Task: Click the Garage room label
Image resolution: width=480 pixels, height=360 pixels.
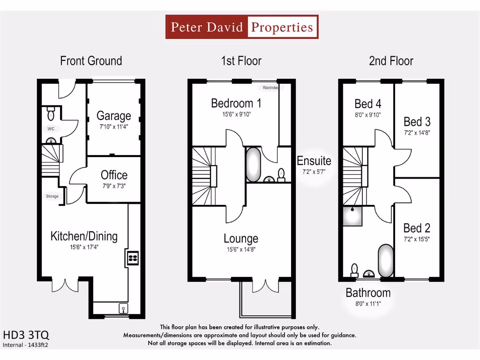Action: tap(113, 115)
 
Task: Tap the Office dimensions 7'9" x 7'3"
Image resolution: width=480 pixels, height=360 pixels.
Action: tap(114, 186)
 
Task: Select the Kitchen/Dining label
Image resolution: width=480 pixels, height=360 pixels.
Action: tap(84, 236)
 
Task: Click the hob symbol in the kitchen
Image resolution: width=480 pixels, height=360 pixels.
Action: tap(132, 257)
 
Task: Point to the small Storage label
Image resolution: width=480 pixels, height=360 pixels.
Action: tap(52, 196)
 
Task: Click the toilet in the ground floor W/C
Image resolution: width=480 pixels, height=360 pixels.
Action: tap(51, 114)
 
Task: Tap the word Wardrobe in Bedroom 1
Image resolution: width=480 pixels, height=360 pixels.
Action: tap(270, 88)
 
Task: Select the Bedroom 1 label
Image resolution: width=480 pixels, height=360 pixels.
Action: tap(236, 103)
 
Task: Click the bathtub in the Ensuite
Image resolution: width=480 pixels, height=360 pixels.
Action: tap(254, 165)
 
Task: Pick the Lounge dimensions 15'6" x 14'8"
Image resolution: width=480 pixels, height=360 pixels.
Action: tap(240, 250)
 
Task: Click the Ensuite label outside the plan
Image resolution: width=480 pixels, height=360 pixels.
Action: tap(314, 161)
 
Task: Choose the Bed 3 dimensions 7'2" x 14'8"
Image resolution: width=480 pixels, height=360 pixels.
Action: tap(417, 133)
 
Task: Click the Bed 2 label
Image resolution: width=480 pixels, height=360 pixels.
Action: tap(417, 228)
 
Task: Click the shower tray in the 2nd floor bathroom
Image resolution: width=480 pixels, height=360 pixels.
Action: tap(352, 216)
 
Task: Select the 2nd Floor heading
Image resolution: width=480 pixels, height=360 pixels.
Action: tap(391, 61)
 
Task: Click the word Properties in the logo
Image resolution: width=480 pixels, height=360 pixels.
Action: tap(282, 27)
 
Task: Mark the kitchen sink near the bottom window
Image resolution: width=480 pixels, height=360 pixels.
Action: tap(123, 308)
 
